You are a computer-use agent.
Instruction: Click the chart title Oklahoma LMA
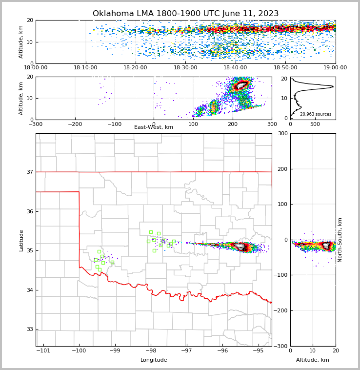point(185,14)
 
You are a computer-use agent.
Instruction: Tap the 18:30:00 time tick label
point(185,68)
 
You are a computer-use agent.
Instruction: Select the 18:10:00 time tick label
point(85,68)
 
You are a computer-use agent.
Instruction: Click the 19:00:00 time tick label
point(335,68)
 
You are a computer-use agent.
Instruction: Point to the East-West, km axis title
point(154,127)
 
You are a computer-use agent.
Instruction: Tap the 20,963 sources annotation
point(316,114)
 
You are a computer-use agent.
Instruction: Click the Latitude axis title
point(21,240)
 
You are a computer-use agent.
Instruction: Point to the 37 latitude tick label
point(29,172)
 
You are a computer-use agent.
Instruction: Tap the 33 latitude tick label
point(29,329)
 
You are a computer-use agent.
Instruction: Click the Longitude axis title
point(154,360)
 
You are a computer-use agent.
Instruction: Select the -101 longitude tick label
point(43,351)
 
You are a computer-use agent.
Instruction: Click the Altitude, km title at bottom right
point(313,360)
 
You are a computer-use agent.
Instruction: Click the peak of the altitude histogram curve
point(333,86)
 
